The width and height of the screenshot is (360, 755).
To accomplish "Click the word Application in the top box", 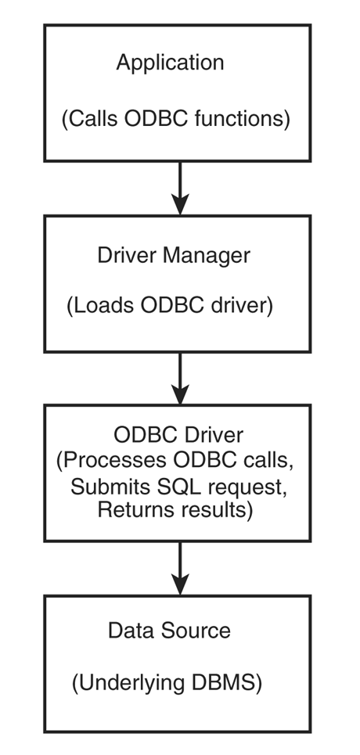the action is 170,63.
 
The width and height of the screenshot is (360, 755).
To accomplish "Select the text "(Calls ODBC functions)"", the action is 176,119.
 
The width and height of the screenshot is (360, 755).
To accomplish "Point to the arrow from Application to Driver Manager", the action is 180,188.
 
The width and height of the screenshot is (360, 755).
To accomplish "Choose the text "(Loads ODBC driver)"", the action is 170,306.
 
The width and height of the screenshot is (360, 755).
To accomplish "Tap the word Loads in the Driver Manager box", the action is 100,306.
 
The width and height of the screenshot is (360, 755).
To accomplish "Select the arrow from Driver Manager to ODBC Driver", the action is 180,379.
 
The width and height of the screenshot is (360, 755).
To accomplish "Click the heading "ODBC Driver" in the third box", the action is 178,435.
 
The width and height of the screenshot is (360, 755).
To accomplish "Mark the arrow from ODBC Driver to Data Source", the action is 180,569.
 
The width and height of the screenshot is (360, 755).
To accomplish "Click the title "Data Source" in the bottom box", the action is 169,631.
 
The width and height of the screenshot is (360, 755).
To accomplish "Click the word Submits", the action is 110,487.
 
